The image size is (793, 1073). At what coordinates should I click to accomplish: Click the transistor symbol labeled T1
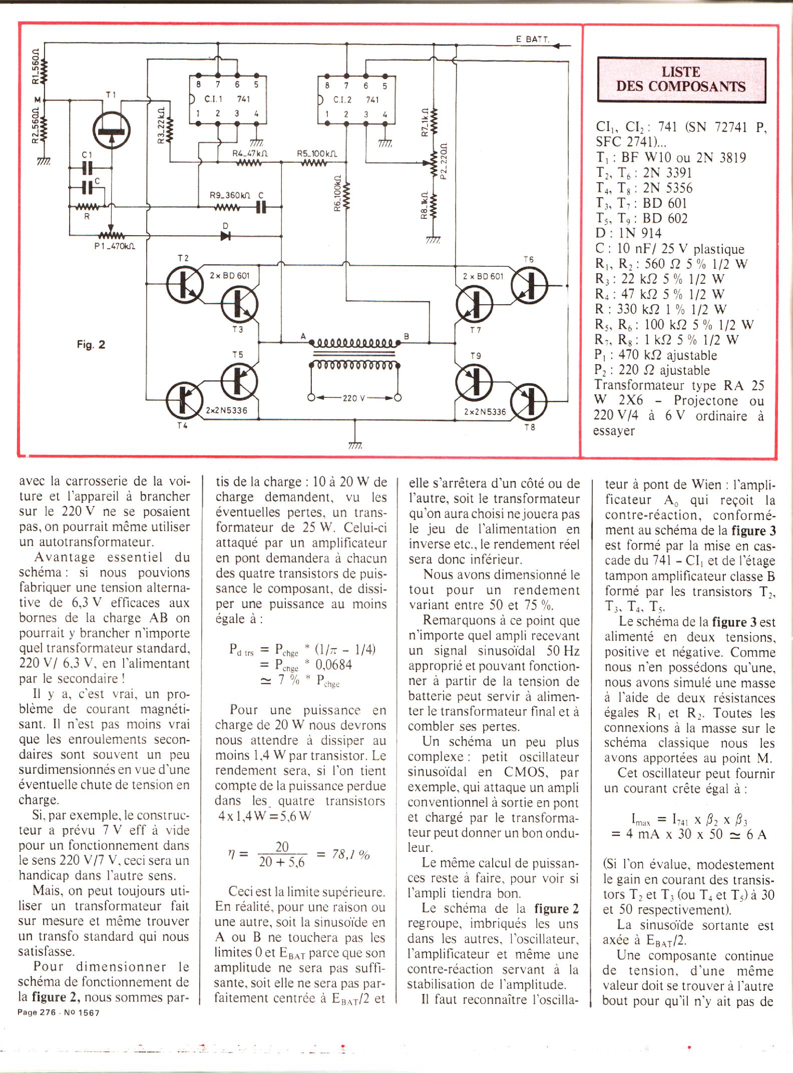tap(111, 130)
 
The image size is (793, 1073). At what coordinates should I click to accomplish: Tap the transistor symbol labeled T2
tap(185, 285)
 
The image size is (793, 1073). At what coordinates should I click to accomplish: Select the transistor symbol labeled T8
tap(529, 401)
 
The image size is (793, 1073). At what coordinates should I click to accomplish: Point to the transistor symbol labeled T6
tap(529, 285)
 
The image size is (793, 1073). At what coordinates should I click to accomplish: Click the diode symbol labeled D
tap(225, 236)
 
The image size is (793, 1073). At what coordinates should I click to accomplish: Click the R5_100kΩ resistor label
tap(316, 154)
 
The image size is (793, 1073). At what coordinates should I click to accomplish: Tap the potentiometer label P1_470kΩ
tap(115, 246)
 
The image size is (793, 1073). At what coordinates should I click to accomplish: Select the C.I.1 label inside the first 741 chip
tap(213, 99)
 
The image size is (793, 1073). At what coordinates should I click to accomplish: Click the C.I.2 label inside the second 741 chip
tap(342, 100)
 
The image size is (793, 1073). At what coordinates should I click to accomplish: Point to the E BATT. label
tap(532, 39)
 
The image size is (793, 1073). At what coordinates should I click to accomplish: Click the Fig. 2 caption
tap(91, 344)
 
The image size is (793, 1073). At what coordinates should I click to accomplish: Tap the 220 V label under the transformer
tap(354, 398)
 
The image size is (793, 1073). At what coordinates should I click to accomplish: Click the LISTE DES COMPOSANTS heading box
tap(681, 80)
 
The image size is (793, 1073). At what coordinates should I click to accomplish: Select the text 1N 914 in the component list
tap(639, 233)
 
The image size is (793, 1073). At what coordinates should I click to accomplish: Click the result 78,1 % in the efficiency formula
tap(350, 854)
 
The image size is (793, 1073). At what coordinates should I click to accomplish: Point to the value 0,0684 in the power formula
tap(333, 665)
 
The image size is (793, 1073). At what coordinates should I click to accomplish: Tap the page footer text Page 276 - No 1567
tap(59, 1012)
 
